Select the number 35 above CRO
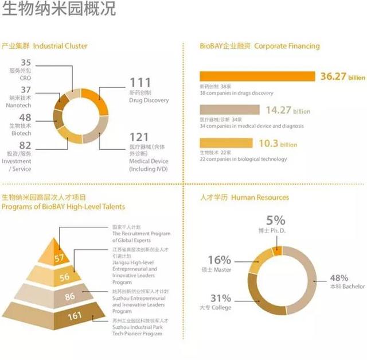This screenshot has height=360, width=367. [x=26, y=62]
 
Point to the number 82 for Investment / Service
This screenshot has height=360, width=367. [x=25, y=145]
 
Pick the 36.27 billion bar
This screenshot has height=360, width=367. [x=257, y=76]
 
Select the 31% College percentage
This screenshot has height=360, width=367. [x=221, y=298]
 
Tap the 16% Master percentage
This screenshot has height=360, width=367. [x=221, y=260]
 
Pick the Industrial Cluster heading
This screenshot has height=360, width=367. [x=60, y=46]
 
